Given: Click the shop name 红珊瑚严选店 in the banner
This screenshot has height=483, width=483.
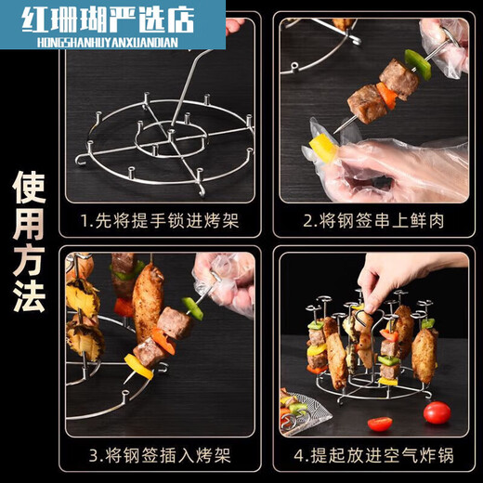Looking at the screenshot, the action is [109, 20].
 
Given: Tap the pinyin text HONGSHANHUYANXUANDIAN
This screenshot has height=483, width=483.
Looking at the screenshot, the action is [108, 43].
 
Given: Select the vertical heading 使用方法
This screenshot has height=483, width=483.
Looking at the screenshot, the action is [29, 241].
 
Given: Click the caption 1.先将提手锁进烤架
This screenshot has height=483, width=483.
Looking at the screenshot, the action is [160, 221].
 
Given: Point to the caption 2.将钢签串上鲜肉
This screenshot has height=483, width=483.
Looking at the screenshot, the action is [373, 221].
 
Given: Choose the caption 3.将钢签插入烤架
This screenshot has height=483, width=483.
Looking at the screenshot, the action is [160, 455].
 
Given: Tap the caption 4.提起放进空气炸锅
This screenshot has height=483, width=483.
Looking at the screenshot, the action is [373, 455].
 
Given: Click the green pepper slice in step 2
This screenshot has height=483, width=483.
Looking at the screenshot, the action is [417, 65].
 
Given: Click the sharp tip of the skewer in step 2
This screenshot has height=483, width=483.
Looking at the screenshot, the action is [335, 133].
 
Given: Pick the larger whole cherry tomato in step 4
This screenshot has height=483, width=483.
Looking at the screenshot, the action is [437, 412].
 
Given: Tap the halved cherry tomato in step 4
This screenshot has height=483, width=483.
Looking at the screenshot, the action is [380, 424].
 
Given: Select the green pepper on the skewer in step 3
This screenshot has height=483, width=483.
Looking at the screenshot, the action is [192, 308].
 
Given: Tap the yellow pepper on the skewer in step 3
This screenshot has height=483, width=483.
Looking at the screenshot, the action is [138, 367].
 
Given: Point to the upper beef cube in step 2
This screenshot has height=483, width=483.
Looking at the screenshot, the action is [398, 78].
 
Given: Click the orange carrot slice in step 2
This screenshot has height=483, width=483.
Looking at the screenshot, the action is [386, 96].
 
